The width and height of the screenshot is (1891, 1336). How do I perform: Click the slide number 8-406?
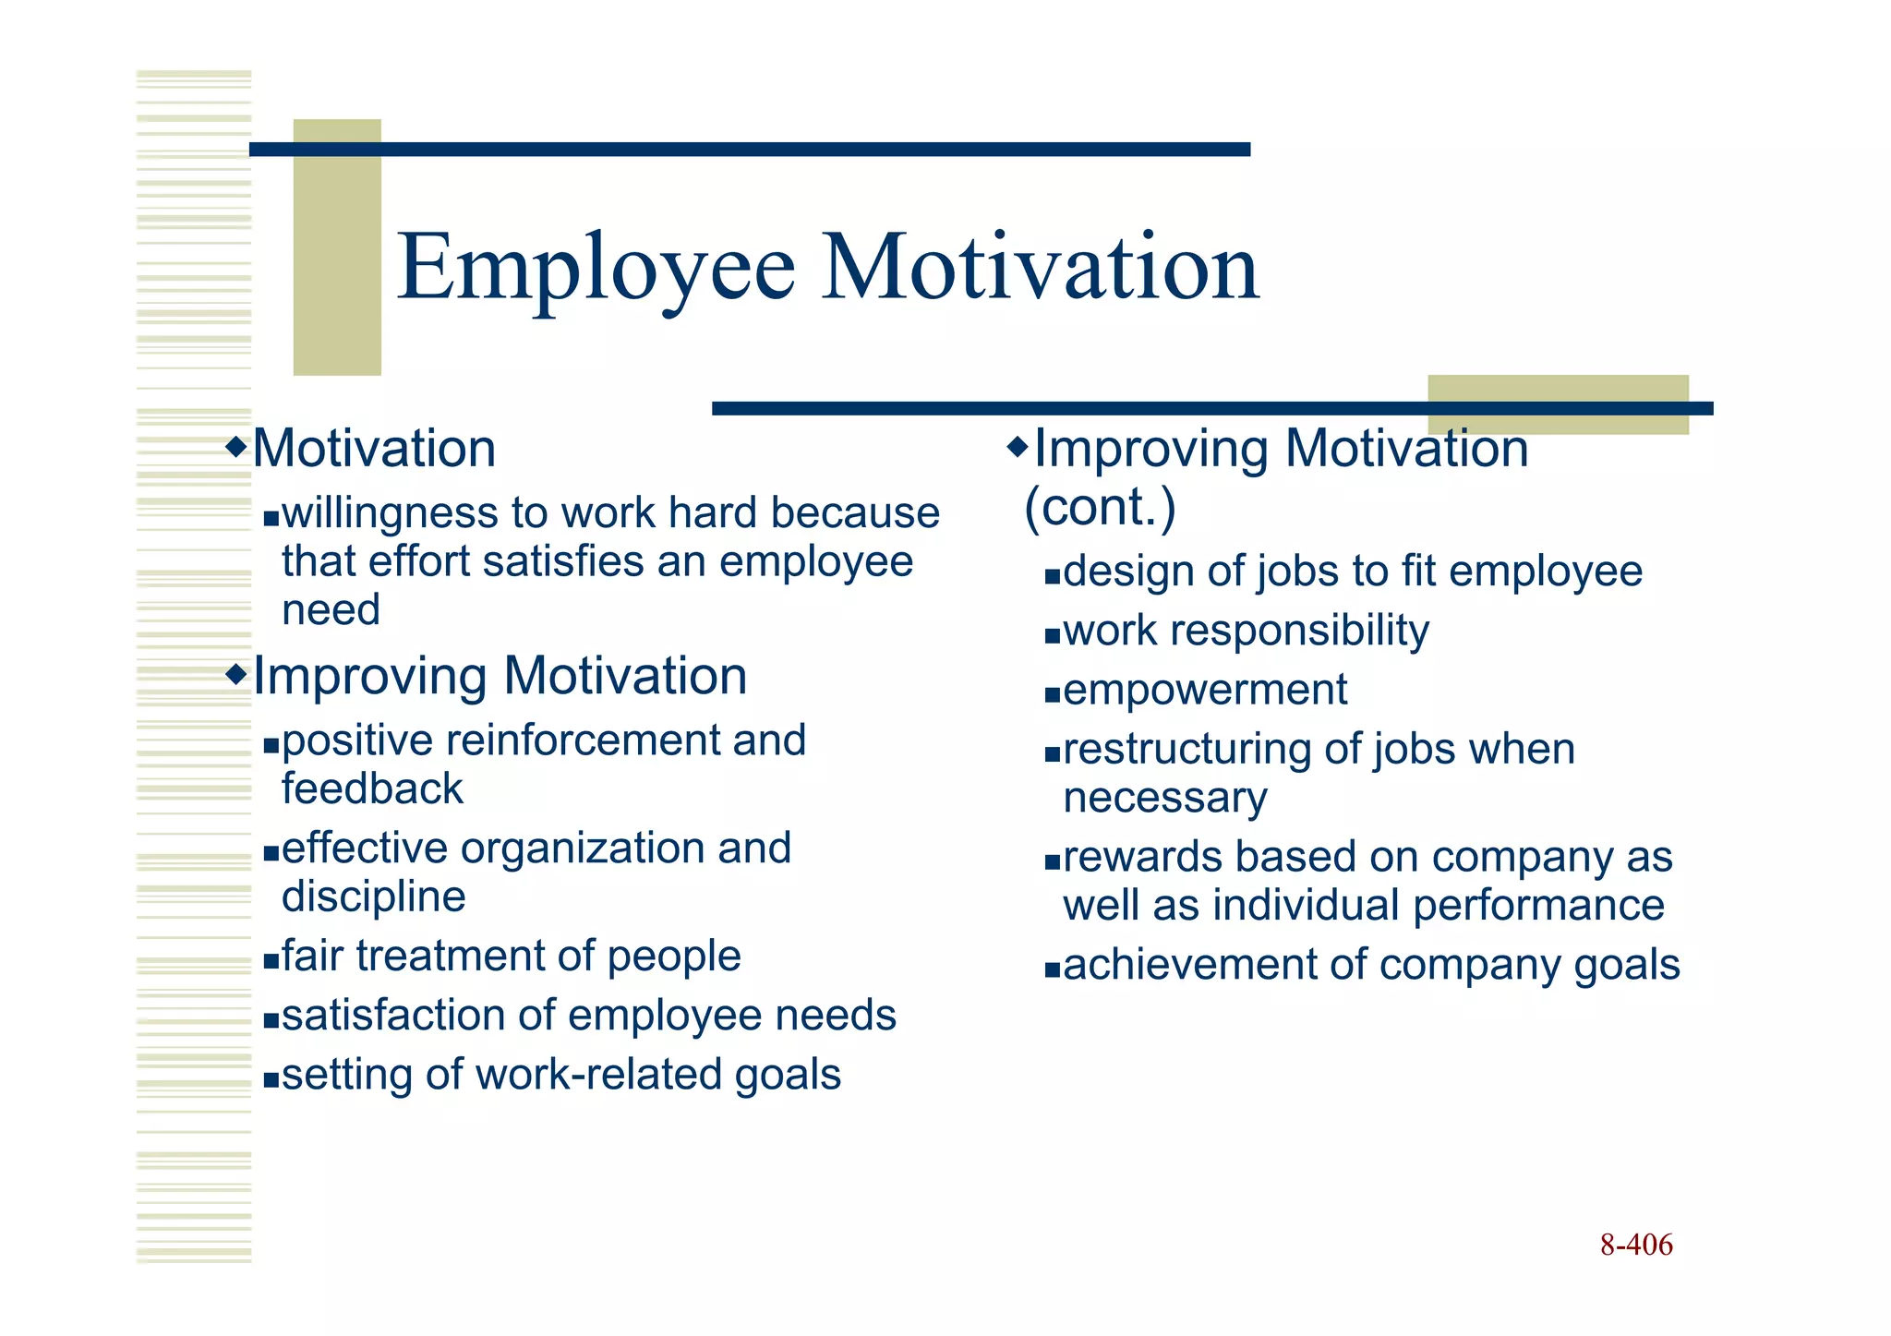(x=1636, y=1245)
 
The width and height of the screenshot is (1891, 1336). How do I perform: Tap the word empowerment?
(x=1204, y=690)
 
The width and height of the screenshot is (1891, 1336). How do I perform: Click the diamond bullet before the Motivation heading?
(x=237, y=448)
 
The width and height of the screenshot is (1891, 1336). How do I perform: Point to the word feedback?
(x=372, y=789)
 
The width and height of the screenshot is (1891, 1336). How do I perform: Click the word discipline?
(x=373, y=897)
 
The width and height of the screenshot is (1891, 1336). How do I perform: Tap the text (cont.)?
(x=1100, y=507)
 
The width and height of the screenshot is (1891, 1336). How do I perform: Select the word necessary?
(x=1165, y=798)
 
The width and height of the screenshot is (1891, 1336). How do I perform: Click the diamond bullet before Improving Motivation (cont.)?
(x=1017, y=448)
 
